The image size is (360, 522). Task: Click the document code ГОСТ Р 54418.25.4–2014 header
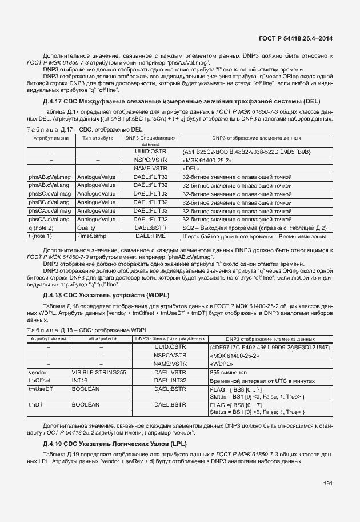pyautogui.click(x=295, y=39)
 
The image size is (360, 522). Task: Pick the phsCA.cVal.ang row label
pyautogui.click(x=49, y=219)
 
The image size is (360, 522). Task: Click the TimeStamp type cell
pyautogui.click(x=92, y=236)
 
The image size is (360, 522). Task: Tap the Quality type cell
pyautogui.click(x=87, y=228)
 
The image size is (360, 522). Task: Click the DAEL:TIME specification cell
pyautogui.click(x=150, y=236)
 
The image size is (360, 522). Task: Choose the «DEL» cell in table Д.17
pyautogui.click(x=191, y=169)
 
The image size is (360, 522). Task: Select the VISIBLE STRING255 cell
pyautogui.click(x=99, y=372)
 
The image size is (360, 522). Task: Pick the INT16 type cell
pyautogui.click(x=79, y=380)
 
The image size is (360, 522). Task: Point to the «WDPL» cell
pyautogui.click(x=221, y=364)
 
